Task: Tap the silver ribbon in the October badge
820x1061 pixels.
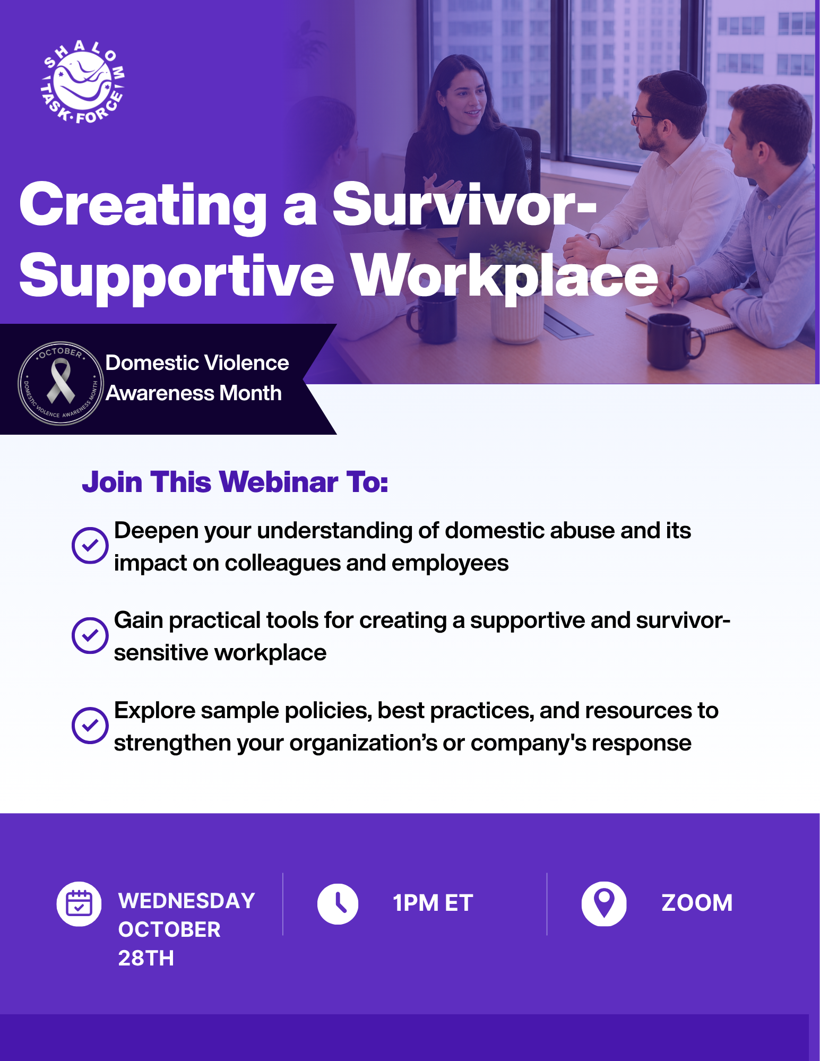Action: click(x=61, y=381)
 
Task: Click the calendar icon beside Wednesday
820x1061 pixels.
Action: click(x=79, y=904)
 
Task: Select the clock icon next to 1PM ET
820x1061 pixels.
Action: click(x=338, y=904)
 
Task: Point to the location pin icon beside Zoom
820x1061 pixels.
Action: click(x=604, y=904)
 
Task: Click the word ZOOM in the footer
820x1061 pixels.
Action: click(x=697, y=903)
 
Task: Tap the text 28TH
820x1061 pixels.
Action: click(x=146, y=958)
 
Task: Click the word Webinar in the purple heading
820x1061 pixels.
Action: click(x=279, y=482)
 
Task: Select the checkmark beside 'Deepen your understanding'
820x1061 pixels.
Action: click(x=90, y=545)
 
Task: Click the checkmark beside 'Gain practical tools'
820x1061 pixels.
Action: click(x=90, y=635)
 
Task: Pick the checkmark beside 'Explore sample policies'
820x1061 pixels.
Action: click(x=90, y=725)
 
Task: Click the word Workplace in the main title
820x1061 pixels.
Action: click(x=505, y=277)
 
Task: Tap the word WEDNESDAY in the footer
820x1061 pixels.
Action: click(x=187, y=901)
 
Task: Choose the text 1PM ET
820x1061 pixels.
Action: click(x=433, y=903)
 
